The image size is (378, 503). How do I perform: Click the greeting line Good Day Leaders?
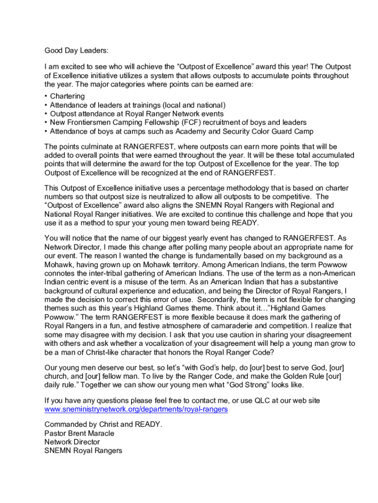[76, 50]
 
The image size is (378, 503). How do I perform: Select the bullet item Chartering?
[67, 96]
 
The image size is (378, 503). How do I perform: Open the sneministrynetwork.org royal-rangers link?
[136, 409]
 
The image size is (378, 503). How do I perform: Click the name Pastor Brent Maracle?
[79, 433]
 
